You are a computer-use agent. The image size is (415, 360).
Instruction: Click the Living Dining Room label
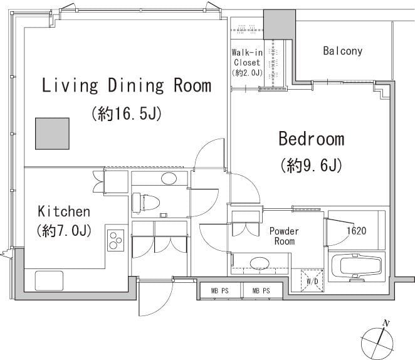127,85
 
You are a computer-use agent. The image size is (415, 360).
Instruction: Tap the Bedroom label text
311,139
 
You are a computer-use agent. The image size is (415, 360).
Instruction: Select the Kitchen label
64,211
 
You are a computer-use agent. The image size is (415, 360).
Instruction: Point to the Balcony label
342,51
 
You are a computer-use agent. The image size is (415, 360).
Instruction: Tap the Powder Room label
284,236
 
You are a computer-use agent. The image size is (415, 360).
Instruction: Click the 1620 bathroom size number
357,231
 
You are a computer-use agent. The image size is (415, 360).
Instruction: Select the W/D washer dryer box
312,280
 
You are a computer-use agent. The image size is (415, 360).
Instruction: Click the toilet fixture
146,203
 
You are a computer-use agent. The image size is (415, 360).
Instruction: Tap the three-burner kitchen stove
115,240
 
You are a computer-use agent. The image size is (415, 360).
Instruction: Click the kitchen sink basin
50,280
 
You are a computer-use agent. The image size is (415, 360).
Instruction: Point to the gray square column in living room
53,134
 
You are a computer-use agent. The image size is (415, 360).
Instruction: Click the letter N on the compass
386,323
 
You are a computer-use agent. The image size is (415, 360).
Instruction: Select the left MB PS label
219,291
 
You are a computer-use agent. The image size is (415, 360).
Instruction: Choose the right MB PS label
261,291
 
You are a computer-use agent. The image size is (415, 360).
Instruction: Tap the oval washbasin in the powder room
260,263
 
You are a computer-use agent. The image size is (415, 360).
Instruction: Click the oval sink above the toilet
169,178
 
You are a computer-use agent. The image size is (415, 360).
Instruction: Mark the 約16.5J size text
126,114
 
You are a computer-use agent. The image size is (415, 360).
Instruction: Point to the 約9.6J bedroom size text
311,165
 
